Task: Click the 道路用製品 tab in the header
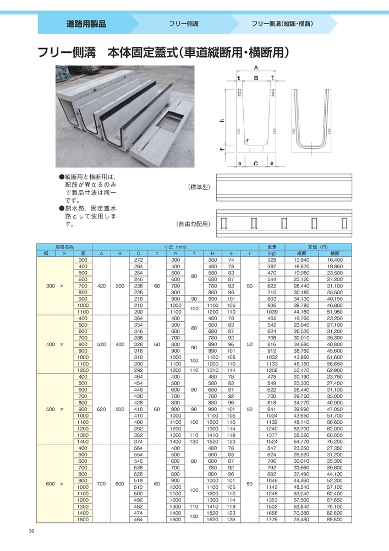(86, 24)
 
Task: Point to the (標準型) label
(200, 187)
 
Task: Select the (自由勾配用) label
(194, 224)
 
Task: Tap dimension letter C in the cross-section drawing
(256, 164)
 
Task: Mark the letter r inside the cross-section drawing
(249, 141)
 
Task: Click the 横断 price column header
(335, 253)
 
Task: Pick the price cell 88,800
(335, 520)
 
